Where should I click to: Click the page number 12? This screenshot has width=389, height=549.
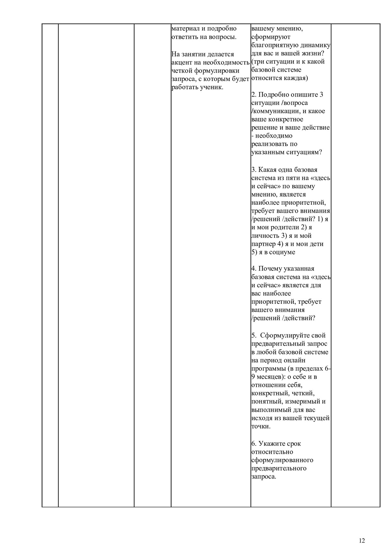coord(362,540)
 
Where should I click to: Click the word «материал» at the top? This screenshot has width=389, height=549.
coord(184,29)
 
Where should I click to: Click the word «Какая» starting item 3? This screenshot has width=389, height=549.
coord(267,170)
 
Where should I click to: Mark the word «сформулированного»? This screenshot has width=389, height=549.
coord(282,460)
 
